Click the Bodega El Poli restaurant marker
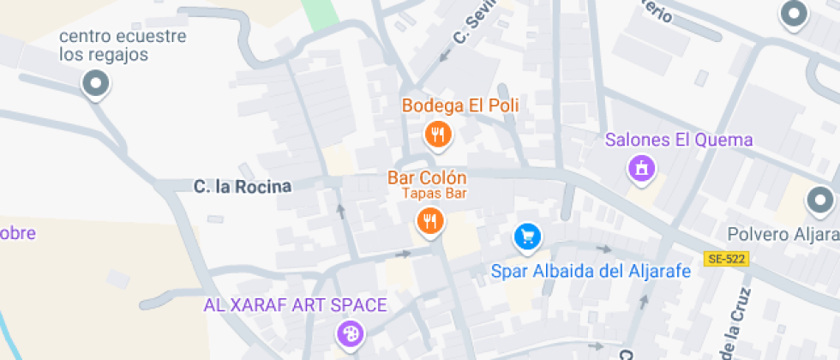[438, 133]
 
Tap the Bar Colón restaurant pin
[429, 222]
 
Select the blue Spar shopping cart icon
[527, 237]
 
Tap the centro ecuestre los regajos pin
[95, 84]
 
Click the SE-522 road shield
[726, 258]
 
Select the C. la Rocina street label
[243, 186]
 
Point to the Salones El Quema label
[679, 140]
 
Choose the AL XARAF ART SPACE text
[295, 305]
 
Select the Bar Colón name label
[427, 178]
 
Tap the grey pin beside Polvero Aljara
[821, 202]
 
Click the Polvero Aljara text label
[783, 234]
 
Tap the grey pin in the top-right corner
[794, 13]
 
